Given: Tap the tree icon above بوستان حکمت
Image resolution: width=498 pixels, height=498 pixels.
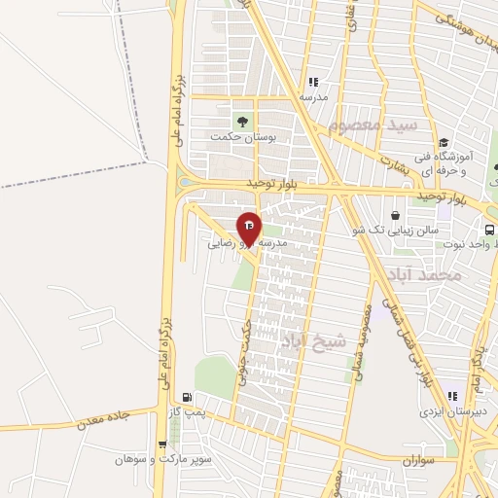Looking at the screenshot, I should point(242,122).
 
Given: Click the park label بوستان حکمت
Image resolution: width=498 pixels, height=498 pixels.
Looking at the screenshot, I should point(244,139).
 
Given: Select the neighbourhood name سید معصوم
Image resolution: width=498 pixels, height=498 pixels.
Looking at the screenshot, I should point(373,125).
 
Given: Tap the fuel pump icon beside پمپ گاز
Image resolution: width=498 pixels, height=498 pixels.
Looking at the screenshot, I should point(187,397).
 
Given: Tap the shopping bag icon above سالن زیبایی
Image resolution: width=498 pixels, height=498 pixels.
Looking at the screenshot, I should point(397,216).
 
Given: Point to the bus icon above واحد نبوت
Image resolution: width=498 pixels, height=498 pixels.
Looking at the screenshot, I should point(489,231).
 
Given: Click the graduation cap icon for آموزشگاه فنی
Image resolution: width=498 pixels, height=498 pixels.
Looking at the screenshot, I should point(443,142).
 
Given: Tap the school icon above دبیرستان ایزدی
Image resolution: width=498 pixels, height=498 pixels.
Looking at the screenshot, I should point(451,396).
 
